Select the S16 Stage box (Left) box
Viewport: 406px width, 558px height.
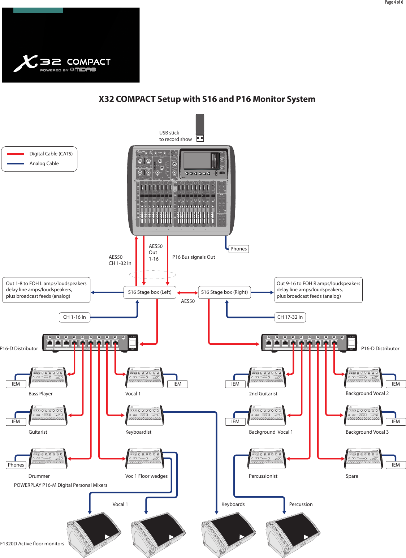pyautogui.click(x=150, y=292)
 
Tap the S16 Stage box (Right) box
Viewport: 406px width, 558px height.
pyautogui.click(x=224, y=292)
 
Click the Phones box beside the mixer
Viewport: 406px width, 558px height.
pyautogui.click(x=238, y=249)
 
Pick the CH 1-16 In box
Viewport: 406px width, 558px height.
pyautogui.click(x=74, y=317)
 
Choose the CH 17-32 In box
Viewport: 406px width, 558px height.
pyautogui.click(x=290, y=317)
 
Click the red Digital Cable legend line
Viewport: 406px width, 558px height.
pyautogui.click(x=16, y=154)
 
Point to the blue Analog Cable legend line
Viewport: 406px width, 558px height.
pyautogui.click(x=16, y=164)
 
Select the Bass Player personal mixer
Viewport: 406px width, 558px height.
pyautogui.click(x=48, y=377)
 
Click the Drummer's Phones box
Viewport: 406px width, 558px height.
pyautogui.click(x=16, y=465)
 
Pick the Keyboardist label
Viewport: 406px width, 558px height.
pyautogui.click(x=138, y=432)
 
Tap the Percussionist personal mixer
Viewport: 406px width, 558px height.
pyautogui.click(x=267, y=459)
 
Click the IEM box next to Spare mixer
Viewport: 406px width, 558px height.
pyautogui.click(x=396, y=465)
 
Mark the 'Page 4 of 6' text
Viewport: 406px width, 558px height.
pyautogui.click(x=394, y=3)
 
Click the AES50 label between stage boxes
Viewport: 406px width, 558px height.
pyautogui.click(x=188, y=301)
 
